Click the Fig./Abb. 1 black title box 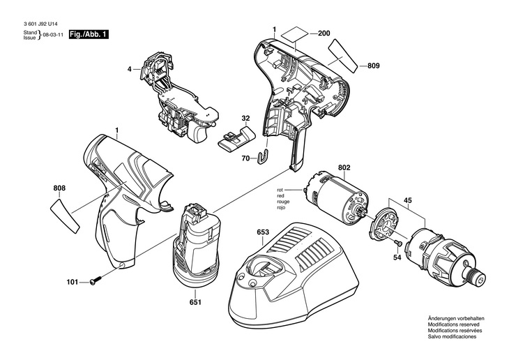click(89, 34)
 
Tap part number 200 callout click(324, 33)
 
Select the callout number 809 click(373, 66)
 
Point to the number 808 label click(59, 188)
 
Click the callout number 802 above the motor click(344, 167)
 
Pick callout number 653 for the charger click(263, 232)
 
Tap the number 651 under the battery click(195, 302)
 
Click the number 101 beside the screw click(73, 283)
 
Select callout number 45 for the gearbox click(408, 200)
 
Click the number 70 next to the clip click(245, 158)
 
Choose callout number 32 click(245, 119)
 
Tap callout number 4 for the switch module click(129, 69)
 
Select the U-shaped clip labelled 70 click(264, 156)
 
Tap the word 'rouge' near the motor click(283, 202)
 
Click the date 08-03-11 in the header click(54, 35)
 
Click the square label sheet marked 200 click(295, 33)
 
